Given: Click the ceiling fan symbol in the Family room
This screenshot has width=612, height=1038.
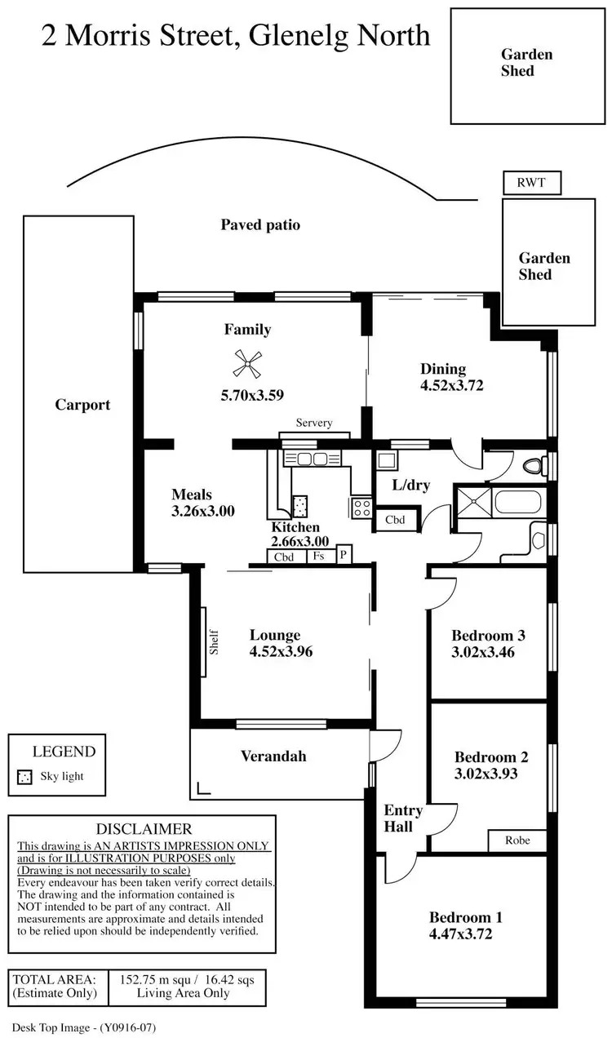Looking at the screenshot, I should (x=248, y=364).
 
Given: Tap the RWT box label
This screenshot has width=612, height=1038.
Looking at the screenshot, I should (x=534, y=184).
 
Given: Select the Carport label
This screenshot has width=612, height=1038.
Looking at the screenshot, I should (x=82, y=405).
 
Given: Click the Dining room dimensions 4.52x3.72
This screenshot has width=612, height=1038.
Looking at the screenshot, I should (x=452, y=385).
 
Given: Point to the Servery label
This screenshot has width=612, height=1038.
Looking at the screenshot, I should (x=314, y=423).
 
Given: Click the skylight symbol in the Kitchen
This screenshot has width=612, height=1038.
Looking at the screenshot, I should (x=300, y=505).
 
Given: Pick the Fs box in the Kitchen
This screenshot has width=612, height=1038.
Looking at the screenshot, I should (x=319, y=557).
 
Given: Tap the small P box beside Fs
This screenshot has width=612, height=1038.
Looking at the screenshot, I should (x=344, y=556).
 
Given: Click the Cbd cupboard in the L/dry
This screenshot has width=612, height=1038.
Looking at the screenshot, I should (x=396, y=520).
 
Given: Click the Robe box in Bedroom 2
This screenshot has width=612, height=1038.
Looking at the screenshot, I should (x=517, y=840).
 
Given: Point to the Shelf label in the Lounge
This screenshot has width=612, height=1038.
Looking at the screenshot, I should (x=214, y=641).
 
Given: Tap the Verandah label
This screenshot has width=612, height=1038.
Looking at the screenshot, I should (x=273, y=756).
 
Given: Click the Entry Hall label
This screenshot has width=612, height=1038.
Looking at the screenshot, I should (x=403, y=818).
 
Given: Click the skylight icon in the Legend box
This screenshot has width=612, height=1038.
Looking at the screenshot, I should (x=24, y=777).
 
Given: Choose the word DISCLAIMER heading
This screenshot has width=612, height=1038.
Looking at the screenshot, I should (x=144, y=829).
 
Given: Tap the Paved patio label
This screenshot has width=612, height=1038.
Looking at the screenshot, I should (x=260, y=224).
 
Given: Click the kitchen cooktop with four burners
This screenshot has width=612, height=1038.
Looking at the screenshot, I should (x=361, y=508).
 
